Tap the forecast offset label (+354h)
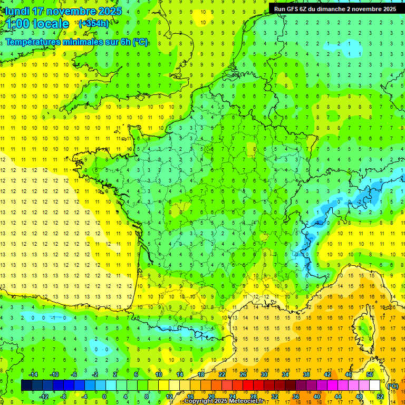(93, 23)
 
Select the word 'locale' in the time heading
(51, 24)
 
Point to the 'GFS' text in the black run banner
(293, 9)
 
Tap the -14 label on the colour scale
(33, 374)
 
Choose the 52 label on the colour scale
(380, 396)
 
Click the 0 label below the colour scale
(104, 396)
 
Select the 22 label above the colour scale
(222, 374)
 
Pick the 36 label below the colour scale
(296, 396)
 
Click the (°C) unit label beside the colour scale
(392, 385)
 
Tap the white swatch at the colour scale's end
(374, 385)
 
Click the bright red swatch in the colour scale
(248, 385)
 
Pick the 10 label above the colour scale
(158, 374)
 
